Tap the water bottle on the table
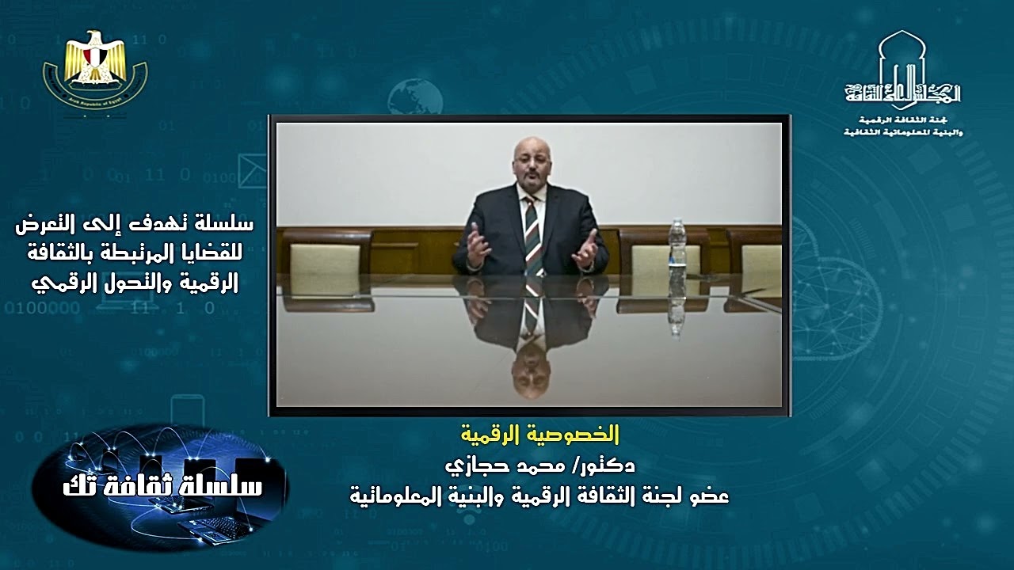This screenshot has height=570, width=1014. (677, 242)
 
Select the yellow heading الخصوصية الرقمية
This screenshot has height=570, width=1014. (540, 435)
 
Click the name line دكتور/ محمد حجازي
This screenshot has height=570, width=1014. (539, 465)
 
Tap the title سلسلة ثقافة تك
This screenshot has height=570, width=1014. (162, 485)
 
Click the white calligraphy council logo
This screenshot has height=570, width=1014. (902, 82)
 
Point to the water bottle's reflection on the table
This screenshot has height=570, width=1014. (676, 305)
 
